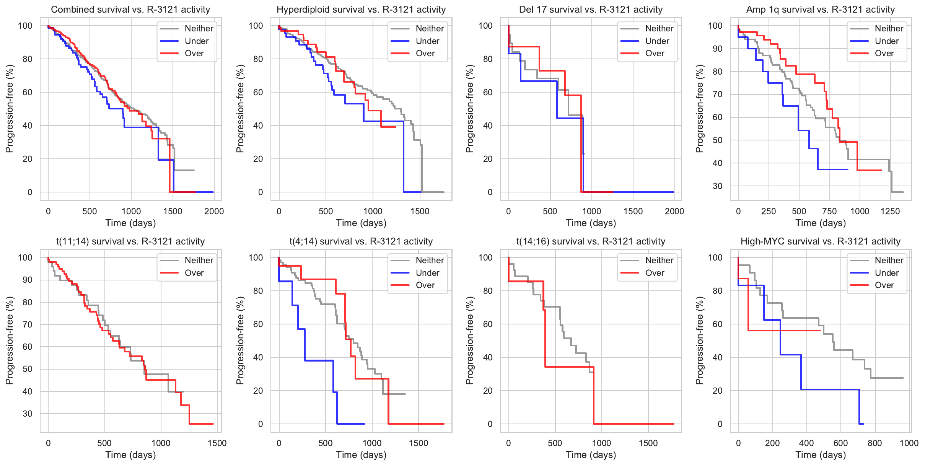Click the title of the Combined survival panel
(130, 10)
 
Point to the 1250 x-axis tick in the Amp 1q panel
(890, 211)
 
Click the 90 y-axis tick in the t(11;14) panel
(28, 280)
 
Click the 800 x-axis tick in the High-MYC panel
(875, 443)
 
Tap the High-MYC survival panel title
(821, 241)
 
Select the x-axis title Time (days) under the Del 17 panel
(591, 223)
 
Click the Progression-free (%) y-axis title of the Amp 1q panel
(700, 109)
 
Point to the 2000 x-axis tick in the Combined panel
(214, 211)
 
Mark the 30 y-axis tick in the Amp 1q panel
(717, 186)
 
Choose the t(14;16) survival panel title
(591, 241)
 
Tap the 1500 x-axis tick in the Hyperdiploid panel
(420, 211)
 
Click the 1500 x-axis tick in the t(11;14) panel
(217, 443)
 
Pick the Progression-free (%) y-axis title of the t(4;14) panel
(240, 341)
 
